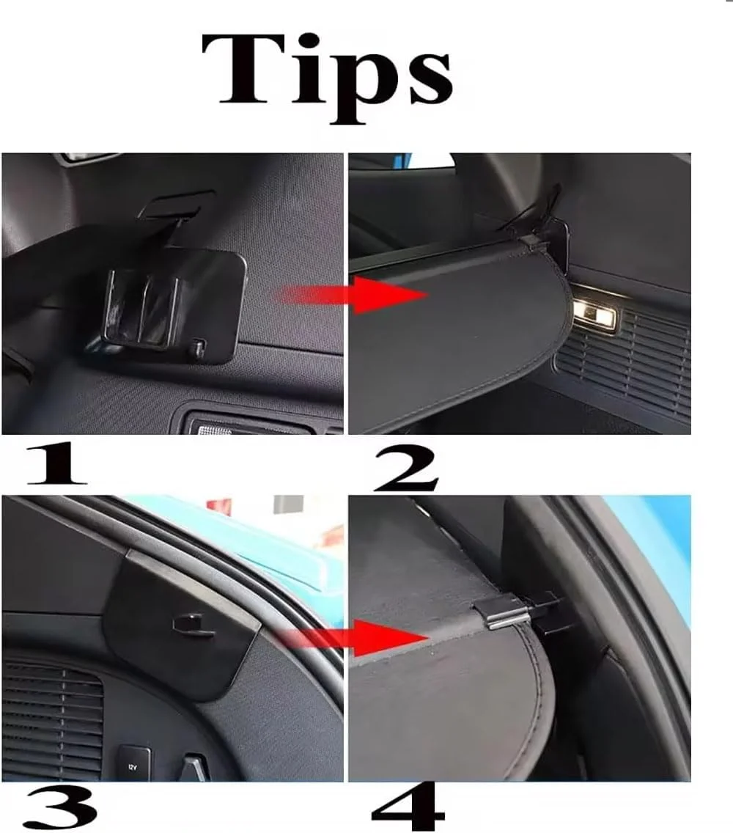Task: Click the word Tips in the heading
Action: (327, 77)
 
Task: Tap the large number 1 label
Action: (57, 464)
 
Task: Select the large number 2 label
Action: (406, 469)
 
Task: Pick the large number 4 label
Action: (408, 807)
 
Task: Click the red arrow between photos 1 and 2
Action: (352, 295)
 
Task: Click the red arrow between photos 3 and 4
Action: (353, 637)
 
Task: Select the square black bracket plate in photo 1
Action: (175, 306)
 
